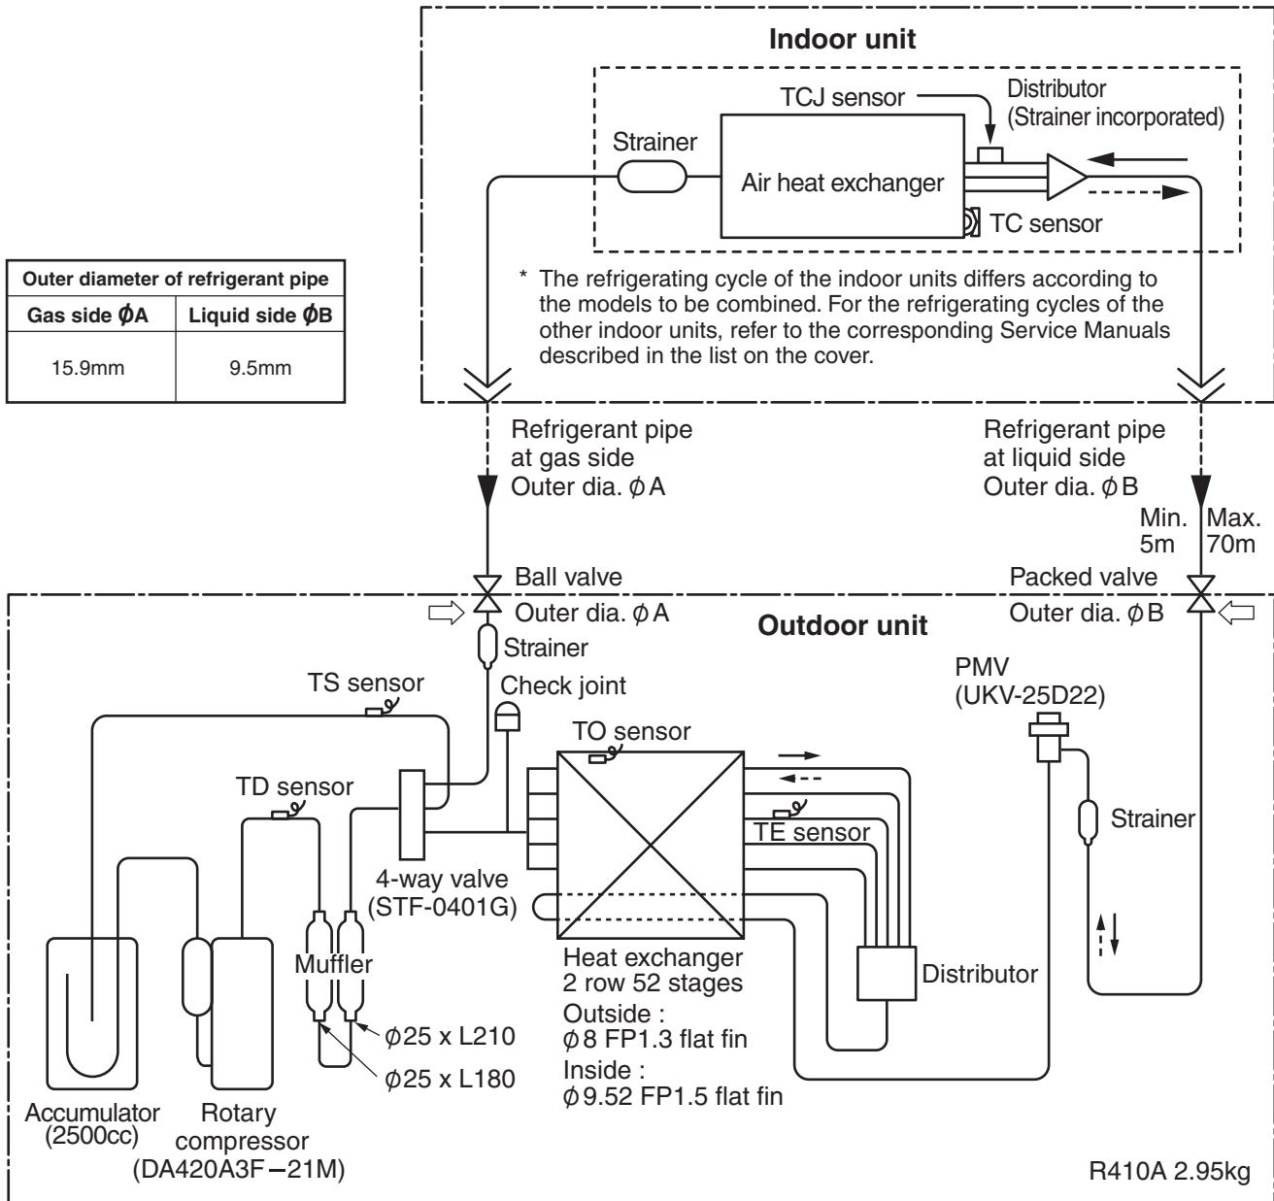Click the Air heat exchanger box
tap(842, 177)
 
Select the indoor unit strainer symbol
tap(652, 177)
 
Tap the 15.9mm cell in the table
tap(88, 368)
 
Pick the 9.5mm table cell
tap(260, 368)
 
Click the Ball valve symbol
tap(487, 594)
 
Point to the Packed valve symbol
tap(1200, 594)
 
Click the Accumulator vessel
tap(91, 1014)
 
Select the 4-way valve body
tap(412, 815)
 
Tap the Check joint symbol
tap(508, 717)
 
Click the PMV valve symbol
tap(1048, 737)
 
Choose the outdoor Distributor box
tap(887, 973)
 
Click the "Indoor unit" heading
tap(842, 39)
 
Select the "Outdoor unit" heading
tap(842, 625)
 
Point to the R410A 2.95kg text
tap(1169, 1172)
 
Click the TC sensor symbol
tap(972, 222)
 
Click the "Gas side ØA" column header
tap(88, 315)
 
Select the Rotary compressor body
tap(242, 1014)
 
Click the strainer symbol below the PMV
tap(1088, 820)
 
